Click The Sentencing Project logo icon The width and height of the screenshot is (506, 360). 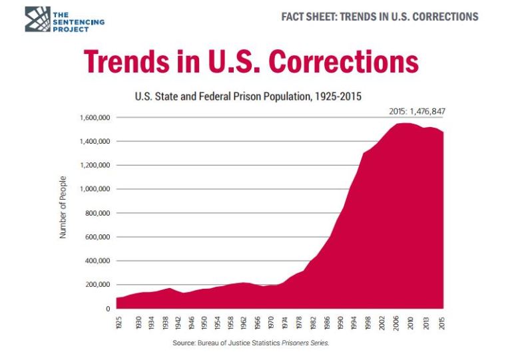(37, 19)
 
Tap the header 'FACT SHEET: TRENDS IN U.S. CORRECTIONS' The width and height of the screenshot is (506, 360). (379, 17)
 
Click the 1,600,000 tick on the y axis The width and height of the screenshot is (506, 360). (95, 118)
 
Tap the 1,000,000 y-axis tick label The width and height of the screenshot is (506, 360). (95, 190)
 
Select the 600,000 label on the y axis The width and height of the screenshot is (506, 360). (97, 238)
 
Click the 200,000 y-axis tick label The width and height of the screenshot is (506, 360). (97, 285)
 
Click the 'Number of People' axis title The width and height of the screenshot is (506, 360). (63, 208)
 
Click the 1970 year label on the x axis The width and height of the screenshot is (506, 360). (271, 323)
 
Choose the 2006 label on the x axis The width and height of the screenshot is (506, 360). (395, 323)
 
